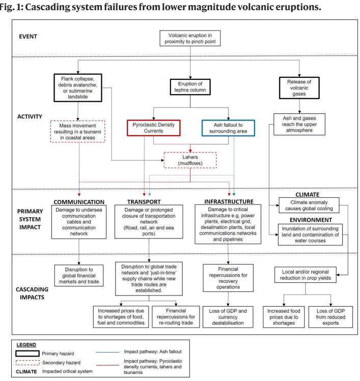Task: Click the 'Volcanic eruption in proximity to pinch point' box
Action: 190,38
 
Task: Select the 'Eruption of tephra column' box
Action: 190,87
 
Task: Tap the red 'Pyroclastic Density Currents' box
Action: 153,128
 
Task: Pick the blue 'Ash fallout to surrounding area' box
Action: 228,128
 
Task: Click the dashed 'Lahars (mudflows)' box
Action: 190,160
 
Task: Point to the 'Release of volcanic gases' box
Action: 299,87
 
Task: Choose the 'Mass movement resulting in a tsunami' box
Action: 77,131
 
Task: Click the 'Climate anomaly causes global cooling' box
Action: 309,206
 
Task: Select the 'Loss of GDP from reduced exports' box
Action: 330,317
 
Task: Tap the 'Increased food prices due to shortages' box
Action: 284,317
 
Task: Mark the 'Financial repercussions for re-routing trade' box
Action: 176,316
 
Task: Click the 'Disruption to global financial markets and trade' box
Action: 79,275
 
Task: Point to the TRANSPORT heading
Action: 144,201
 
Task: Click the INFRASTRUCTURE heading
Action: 229,201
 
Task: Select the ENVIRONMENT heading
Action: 311,220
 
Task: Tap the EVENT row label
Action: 28,37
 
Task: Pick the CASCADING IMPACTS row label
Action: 32,294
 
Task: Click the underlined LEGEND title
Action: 26,345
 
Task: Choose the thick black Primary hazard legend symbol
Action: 27,354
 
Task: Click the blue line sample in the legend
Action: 107,352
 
